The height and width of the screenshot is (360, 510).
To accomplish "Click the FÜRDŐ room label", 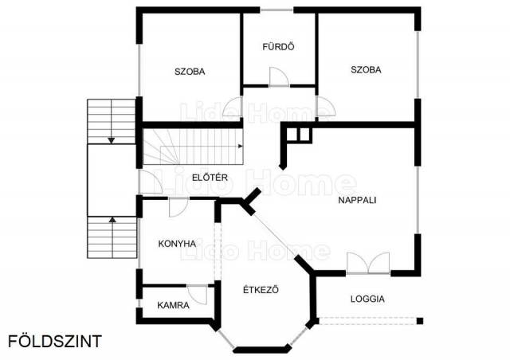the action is point(278,47).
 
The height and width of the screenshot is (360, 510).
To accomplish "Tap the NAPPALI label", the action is point(357,200).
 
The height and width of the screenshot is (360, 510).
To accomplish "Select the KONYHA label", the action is point(177,244).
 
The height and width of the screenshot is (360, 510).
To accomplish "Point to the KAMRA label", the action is point(173,305).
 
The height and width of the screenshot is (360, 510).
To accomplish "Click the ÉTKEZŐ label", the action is point(261,289).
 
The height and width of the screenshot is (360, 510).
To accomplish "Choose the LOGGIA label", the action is point(367,299).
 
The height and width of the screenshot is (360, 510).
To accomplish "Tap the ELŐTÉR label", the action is point(210,178).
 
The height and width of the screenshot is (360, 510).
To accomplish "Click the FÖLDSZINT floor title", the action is point(55,342).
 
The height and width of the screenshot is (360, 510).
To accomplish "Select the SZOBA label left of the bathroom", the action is point(190,72).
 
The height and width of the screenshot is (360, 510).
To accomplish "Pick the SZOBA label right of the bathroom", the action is point(366,69).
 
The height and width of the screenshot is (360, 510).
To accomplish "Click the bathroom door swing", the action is point(279,77).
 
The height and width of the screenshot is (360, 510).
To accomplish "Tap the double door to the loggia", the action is point(368,263).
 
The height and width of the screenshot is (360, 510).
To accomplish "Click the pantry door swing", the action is point(197,295).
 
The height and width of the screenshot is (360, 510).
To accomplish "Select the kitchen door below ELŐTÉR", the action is point(178,207).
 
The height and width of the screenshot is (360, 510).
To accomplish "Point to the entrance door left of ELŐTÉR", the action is point(151,182).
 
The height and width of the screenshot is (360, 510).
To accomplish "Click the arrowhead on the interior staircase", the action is point(241,146).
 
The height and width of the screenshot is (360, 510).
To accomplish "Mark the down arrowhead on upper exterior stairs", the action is point(112,140).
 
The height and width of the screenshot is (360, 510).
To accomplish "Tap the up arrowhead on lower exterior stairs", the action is point(112,220).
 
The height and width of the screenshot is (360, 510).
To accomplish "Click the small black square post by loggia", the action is point(420,321).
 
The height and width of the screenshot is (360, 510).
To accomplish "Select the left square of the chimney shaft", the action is point(292,135).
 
